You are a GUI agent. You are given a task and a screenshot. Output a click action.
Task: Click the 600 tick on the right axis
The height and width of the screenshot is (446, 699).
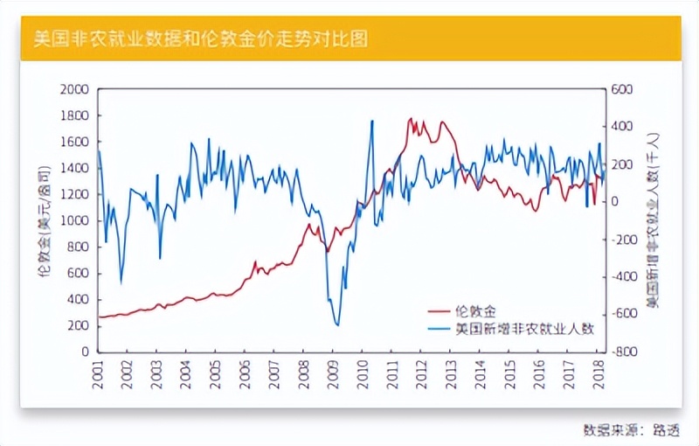click(x=621, y=89)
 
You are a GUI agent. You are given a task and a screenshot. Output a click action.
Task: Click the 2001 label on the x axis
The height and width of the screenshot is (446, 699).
click(x=99, y=373)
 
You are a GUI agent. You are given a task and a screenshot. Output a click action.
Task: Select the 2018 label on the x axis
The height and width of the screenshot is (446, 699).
click(x=600, y=373)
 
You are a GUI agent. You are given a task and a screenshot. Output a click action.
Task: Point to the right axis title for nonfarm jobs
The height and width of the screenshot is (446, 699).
click(x=652, y=220)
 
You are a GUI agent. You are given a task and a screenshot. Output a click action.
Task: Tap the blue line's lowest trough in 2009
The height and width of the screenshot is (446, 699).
click(x=337, y=325)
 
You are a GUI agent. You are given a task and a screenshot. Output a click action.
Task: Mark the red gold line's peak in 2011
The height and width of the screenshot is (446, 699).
click(x=410, y=119)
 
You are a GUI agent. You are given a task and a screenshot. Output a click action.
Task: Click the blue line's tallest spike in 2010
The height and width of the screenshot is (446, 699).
click(x=372, y=121)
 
